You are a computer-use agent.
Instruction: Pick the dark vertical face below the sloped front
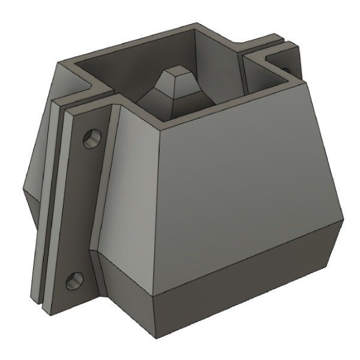point(240,282)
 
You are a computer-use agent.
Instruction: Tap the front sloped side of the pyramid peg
point(174,93)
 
